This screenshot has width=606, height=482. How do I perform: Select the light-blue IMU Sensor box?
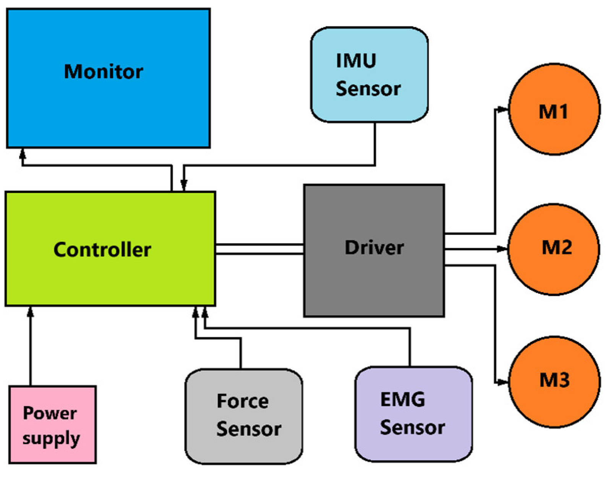point(369,75)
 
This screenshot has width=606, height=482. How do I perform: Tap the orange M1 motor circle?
point(554,109)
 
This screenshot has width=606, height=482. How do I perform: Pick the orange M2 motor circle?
point(554,249)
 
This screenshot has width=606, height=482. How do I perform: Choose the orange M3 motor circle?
point(554,382)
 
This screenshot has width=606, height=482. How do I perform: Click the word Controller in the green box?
point(102,250)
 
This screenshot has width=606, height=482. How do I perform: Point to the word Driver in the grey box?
point(374,248)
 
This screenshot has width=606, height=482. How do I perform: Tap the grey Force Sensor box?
point(244,417)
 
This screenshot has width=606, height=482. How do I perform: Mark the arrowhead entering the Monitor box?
point(23,153)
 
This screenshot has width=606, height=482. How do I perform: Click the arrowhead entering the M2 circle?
point(502,249)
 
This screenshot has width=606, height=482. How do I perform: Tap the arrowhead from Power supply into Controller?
point(31,312)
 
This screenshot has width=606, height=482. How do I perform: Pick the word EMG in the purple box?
point(402,400)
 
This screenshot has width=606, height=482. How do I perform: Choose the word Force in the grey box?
point(243,401)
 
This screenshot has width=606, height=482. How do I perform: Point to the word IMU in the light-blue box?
point(356,60)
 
